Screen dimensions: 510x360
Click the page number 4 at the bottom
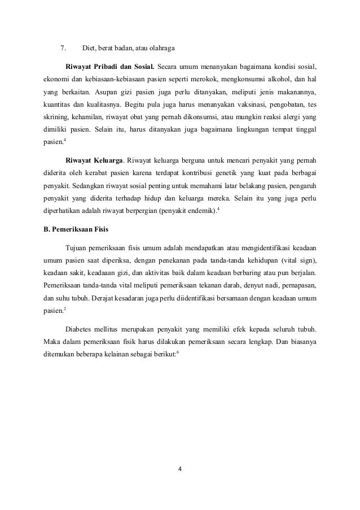click(x=181, y=469)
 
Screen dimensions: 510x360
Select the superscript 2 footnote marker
click(x=65, y=307)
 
